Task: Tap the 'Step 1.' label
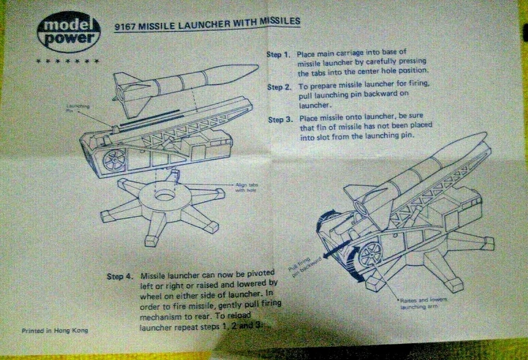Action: point(278,54)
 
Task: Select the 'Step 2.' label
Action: point(279,87)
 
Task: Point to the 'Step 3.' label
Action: point(280,119)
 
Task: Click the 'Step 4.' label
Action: point(119,276)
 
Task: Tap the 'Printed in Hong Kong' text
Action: point(54,331)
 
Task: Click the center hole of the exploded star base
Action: point(164,195)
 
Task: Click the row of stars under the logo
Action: point(67,61)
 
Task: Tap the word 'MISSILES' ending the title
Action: point(279,21)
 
